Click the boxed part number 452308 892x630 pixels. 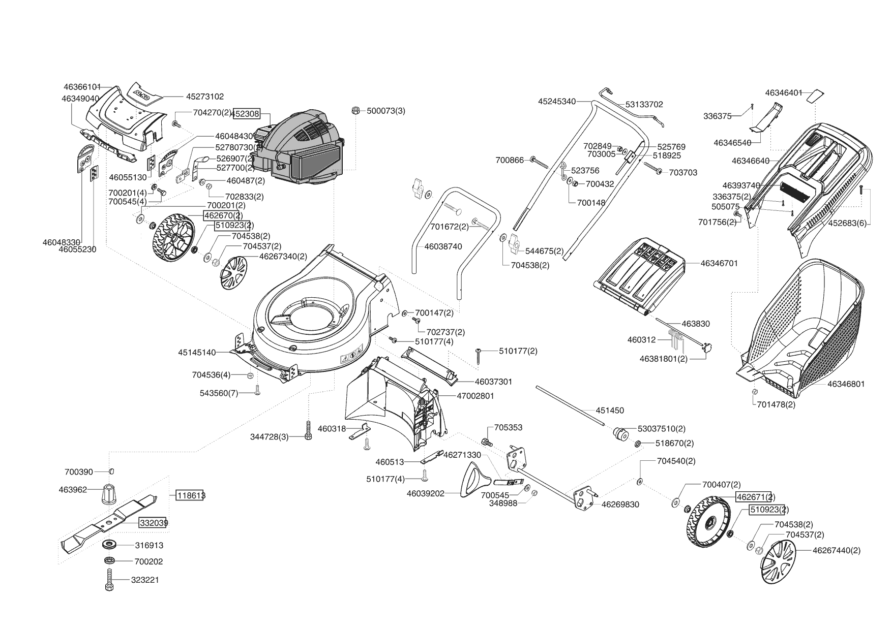247,114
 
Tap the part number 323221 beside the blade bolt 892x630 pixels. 145,580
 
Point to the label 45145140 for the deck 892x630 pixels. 197,352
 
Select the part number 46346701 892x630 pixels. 719,263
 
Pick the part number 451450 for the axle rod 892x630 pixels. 610,411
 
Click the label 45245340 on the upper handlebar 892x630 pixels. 557,102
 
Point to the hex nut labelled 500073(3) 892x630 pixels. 356,110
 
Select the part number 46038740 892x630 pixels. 443,246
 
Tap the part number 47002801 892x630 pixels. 475,396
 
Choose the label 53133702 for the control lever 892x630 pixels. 644,104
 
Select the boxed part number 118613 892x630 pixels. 190,495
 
